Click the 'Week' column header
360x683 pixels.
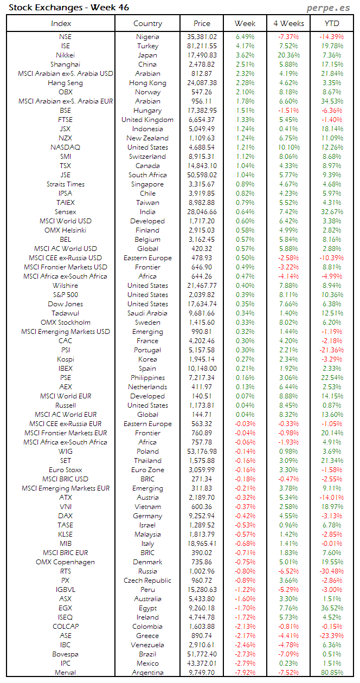tap(245, 23)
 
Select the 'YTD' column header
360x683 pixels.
tap(332, 23)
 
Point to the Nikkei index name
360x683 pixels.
tap(65, 55)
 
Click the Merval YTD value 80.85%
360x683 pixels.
tap(332, 673)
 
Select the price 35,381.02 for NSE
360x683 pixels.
tap(201, 37)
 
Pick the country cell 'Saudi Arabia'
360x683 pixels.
tap(147, 313)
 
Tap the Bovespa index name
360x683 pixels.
tap(65, 654)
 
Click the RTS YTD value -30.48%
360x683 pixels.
tap(332, 571)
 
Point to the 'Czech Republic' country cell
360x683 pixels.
tap(147, 581)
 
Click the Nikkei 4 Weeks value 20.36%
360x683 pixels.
tap(288, 55)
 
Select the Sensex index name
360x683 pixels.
tap(65, 212)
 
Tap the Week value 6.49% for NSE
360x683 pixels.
tap(245, 37)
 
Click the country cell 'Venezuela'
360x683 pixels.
tap(147, 645)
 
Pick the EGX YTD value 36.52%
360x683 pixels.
tap(332, 608)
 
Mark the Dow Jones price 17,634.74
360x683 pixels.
tap(201, 304)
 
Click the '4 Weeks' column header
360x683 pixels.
tap(288, 23)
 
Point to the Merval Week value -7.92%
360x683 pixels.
tap(245, 673)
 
